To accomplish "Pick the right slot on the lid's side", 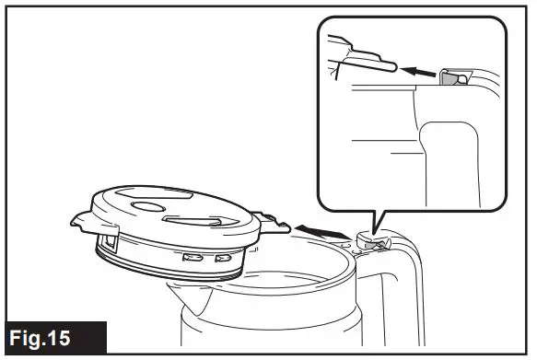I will pyautogui.click(x=221, y=259).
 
